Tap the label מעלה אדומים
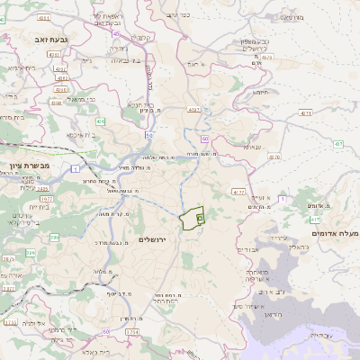pyautogui.click(x=335, y=233)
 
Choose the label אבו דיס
pyautogui.click(x=249, y=249)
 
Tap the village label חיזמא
pyautogui.click(x=262, y=92)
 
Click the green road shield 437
pyautogui.click(x=338, y=144)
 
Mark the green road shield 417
pyautogui.click(x=316, y=219)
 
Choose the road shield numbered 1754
pyautogui.click(x=132, y=332)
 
